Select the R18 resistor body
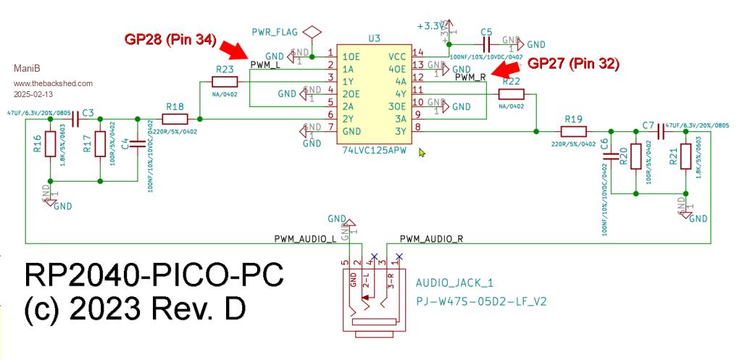(175, 118)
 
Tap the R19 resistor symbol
(573, 131)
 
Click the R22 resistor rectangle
(511, 93)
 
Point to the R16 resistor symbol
(49, 144)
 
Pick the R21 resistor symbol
(684, 156)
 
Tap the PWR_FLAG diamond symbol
(312, 33)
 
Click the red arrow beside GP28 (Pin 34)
(236, 50)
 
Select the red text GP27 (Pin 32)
(573, 64)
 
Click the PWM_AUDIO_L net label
(305, 238)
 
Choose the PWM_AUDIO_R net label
(431, 238)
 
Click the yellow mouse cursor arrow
(422, 151)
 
